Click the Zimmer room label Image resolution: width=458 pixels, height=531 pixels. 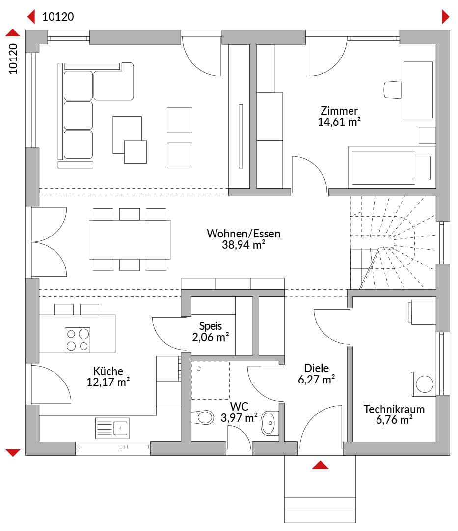pos(339,111)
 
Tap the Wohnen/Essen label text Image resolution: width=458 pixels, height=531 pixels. pos(243,234)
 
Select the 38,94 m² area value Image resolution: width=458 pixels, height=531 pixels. pos(243,245)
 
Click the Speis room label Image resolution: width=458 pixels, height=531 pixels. pos(210,326)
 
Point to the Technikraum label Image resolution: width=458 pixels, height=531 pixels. pos(394,409)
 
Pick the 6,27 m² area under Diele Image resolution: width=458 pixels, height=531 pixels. pos(316,379)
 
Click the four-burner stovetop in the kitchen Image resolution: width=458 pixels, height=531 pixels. pos(78,340)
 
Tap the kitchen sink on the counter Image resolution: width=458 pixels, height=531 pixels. pos(112,428)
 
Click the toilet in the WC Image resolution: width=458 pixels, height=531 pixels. pos(202,417)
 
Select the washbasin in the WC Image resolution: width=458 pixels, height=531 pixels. pos(270,423)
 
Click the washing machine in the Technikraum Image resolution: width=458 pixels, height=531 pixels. pos(424,384)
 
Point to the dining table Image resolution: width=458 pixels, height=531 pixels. pos(130,240)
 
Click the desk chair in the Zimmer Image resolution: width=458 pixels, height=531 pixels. pos(393,90)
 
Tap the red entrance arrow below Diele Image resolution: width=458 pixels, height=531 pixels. pos(320,465)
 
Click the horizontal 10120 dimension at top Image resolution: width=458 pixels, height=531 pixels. pos(58,17)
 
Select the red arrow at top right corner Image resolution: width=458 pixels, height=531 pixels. pos(446,17)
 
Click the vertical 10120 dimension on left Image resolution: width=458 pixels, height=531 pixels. pos(13,59)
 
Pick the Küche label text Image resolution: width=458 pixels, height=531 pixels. pos(108,371)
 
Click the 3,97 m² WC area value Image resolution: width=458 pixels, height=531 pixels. pos(239,418)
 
